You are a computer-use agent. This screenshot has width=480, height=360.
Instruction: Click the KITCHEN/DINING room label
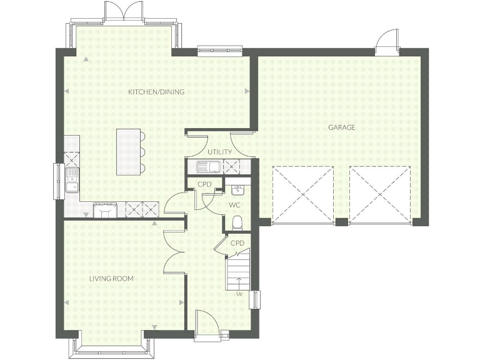pos(156,92)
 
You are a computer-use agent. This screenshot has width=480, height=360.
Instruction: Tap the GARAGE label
pos(342,127)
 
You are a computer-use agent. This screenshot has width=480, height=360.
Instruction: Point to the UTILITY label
pos(219,152)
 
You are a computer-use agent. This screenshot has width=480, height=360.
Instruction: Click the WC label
pos(234,204)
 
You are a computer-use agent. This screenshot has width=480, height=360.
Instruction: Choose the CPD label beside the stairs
pos(237,243)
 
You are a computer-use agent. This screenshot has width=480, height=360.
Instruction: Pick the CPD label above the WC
pos(204,184)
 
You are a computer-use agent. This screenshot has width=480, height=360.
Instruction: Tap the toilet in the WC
pos(237,222)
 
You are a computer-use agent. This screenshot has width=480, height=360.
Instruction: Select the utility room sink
pos(206,167)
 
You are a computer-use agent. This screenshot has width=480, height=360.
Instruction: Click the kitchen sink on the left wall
pos(72,179)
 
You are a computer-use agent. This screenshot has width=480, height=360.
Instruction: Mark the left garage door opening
pos(302,195)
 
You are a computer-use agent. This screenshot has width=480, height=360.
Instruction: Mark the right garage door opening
pos(380,195)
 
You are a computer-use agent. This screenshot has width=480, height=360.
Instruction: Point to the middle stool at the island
pos(142,152)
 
